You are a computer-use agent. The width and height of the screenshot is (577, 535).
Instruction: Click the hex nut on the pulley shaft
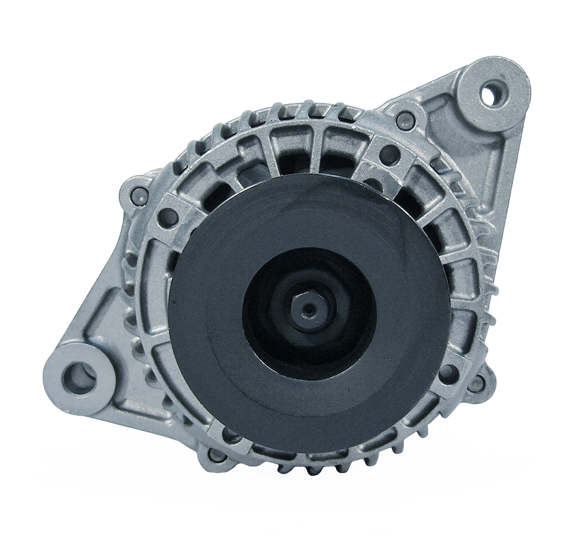[308, 309]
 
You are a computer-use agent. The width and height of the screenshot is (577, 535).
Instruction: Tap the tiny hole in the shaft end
[308, 310]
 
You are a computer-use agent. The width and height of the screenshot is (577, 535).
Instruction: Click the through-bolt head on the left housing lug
[139, 195]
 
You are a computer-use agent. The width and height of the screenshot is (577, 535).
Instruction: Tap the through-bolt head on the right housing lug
[476, 384]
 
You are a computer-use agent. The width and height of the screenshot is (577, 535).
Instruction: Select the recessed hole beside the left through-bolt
[168, 217]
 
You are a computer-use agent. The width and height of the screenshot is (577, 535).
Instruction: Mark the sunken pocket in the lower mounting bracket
[108, 329]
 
